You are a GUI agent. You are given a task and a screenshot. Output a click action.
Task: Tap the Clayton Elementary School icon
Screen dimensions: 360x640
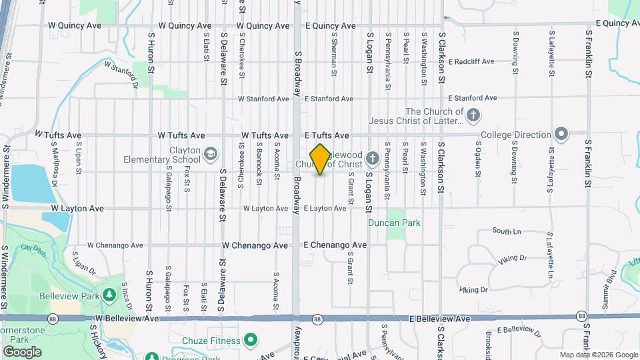(211, 155)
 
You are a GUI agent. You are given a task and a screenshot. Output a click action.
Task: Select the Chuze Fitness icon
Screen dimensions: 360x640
(251, 341)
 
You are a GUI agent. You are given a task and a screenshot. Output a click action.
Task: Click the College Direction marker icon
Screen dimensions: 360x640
(561, 134)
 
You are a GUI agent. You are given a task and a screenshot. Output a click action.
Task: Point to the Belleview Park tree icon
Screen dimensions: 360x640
(109, 295)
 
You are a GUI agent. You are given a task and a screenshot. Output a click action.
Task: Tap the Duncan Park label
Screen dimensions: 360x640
(395, 223)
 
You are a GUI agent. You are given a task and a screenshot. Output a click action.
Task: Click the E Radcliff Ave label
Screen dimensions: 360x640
(471, 61)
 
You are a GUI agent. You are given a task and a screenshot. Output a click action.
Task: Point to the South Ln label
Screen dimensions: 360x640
(507, 231)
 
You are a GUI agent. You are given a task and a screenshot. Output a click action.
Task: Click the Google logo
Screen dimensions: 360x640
(22, 351)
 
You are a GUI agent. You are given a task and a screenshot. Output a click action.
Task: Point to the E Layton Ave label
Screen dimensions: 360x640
(325, 209)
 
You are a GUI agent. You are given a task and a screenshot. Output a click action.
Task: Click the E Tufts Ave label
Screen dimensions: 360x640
(327, 135)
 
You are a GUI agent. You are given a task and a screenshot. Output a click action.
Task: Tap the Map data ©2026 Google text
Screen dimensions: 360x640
(599, 355)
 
